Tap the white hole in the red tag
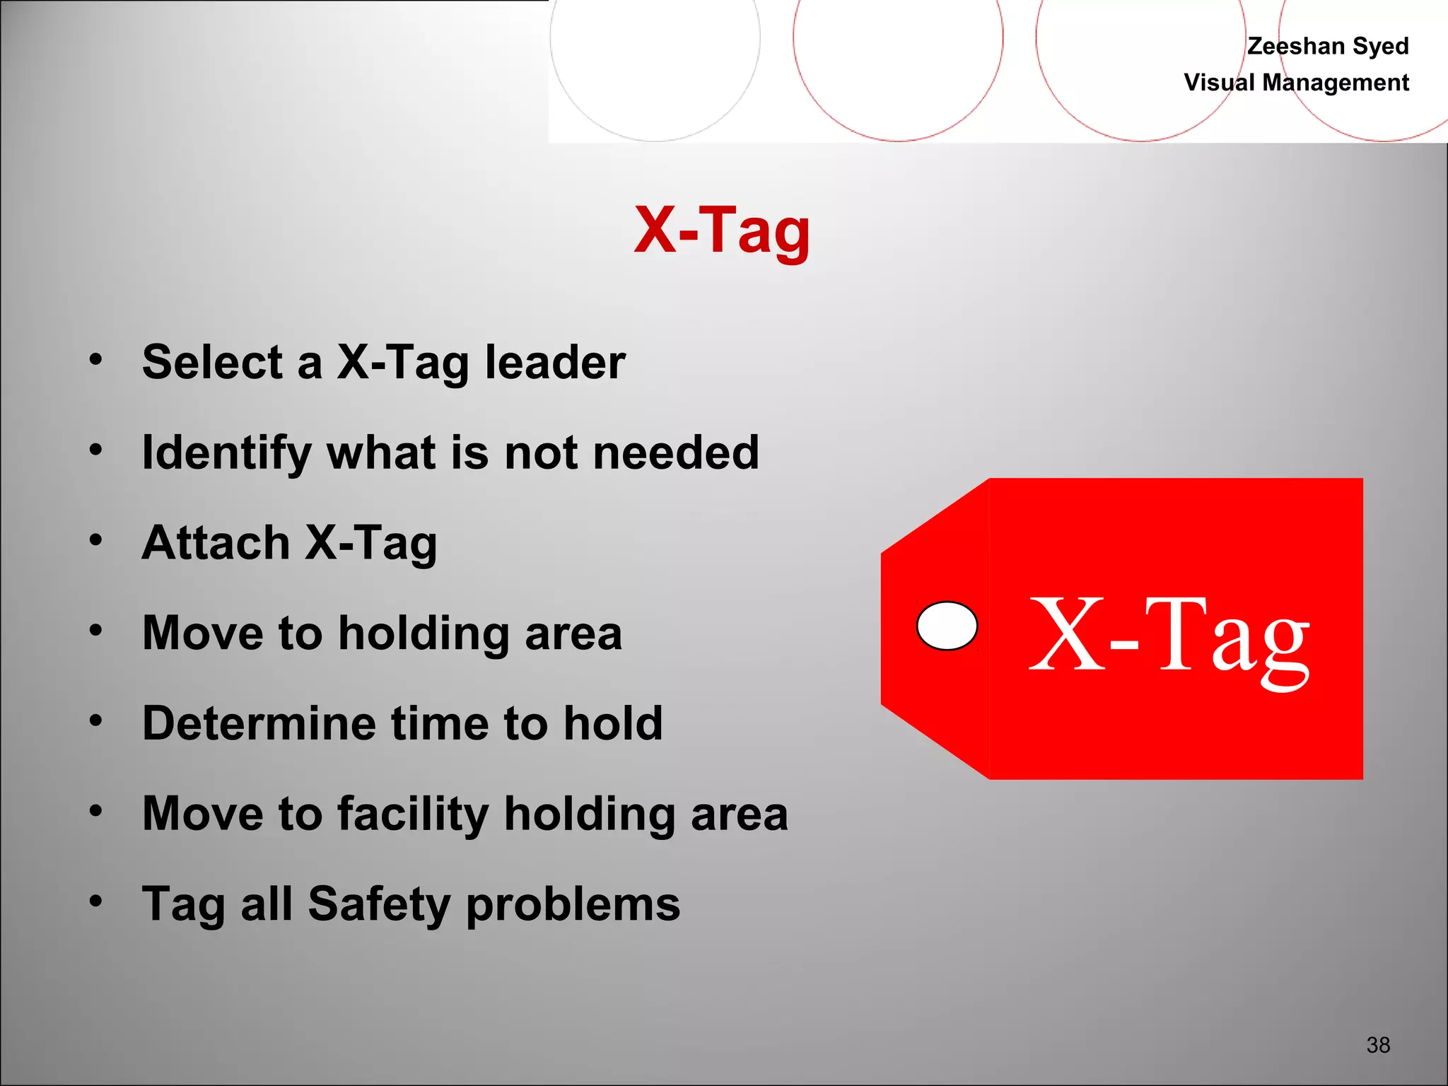(x=947, y=626)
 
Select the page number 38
(x=1378, y=1044)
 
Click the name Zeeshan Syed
(x=1328, y=46)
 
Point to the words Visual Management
(x=1296, y=83)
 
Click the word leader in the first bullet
(x=555, y=362)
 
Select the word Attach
(x=216, y=542)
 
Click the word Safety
(x=379, y=904)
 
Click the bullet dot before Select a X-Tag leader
(x=96, y=359)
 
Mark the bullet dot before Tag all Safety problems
(x=96, y=901)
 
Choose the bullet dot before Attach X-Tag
(x=96, y=539)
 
